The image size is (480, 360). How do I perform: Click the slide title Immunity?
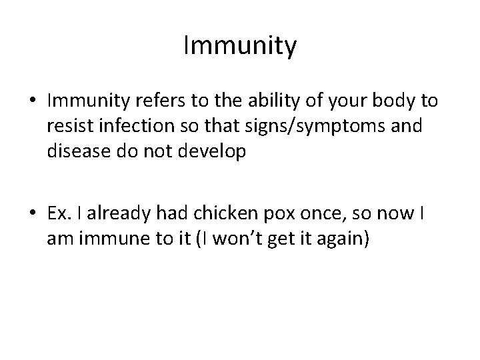pyautogui.click(x=240, y=47)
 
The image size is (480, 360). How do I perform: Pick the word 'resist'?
pyautogui.click(x=66, y=126)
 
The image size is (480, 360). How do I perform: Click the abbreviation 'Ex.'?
pyautogui.click(x=59, y=214)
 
